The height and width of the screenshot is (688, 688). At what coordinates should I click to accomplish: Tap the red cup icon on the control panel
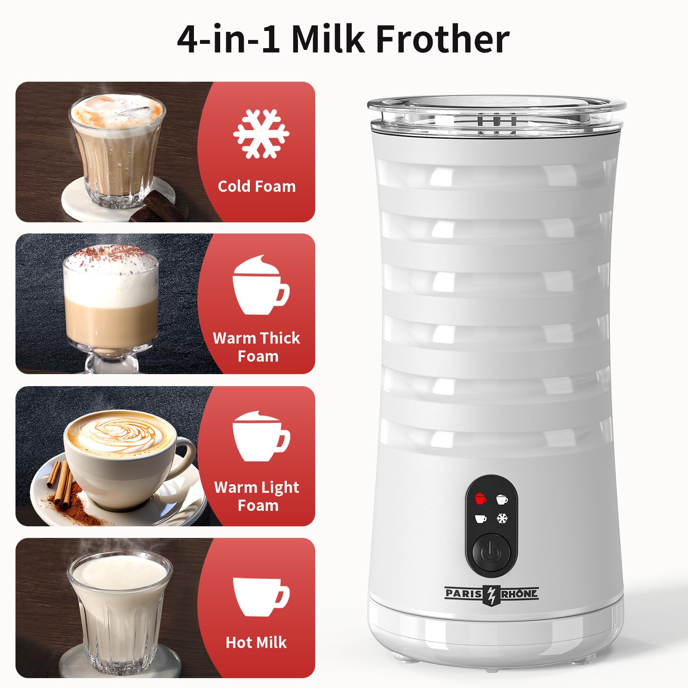pyautogui.click(x=481, y=499)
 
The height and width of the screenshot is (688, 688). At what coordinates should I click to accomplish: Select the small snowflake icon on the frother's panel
pyautogui.click(x=502, y=518)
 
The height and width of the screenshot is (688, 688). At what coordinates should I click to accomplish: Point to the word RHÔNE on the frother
pyautogui.click(x=519, y=594)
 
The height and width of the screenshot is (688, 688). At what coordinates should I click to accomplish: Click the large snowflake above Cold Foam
pyautogui.click(x=261, y=133)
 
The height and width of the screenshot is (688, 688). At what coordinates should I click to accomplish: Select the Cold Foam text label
pyautogui.click(x=257, y=186)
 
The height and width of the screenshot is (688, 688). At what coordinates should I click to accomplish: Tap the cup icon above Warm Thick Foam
pyautogui.click(x=260, y=285)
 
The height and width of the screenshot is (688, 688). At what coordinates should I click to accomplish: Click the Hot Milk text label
pyautogui.click(x=256, y=642)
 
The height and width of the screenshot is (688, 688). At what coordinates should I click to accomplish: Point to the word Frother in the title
pyautogui.click(x=442, y=40)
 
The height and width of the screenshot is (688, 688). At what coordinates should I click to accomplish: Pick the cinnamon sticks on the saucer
pyautogui.click(x=60, y=482)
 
